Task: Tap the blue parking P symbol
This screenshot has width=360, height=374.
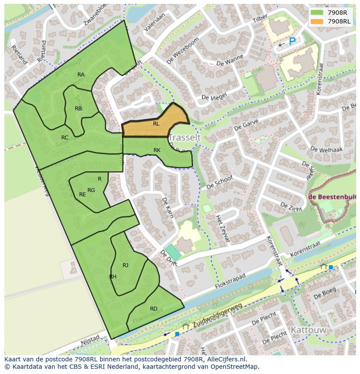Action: click(x=292, y=41)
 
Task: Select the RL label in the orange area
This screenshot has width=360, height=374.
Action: click(x=156, y=124)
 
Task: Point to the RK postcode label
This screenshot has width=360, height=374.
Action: click(x=157, y=150)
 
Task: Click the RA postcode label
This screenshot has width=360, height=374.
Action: click(x=81, y=75)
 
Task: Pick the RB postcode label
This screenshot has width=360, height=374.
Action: click(x=78, y=109)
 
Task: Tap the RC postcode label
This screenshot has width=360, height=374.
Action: click(x=65, y=138)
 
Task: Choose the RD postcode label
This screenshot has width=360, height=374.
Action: click(x=153, y=309)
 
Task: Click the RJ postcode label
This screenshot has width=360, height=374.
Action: click(x=125, y=265)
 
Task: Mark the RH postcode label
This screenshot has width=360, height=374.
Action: click(x=113, y=277)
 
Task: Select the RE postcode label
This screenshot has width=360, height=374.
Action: click(x=82, y=195)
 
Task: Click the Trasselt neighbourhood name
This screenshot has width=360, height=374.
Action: click(x=184, y=138)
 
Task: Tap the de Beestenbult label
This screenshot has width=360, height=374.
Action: click(x=332, y=197)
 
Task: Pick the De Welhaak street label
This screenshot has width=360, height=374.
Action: click(x=327, y=149)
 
